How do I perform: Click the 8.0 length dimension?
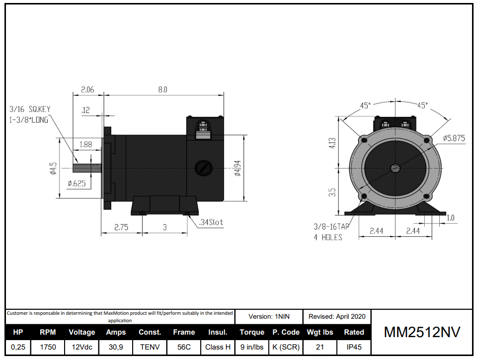162,90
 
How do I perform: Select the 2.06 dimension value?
87,90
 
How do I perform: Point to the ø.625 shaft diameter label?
77,183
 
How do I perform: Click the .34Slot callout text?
211,223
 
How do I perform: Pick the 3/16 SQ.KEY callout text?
30,109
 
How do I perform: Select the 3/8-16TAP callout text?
331,226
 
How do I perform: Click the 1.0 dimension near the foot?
450,218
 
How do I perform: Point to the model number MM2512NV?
422,333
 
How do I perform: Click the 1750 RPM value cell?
48,347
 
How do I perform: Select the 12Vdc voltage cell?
81,347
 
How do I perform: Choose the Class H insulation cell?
218,347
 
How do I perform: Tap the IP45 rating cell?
354,347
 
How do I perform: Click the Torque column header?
251,332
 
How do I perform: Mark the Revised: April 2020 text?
337,316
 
